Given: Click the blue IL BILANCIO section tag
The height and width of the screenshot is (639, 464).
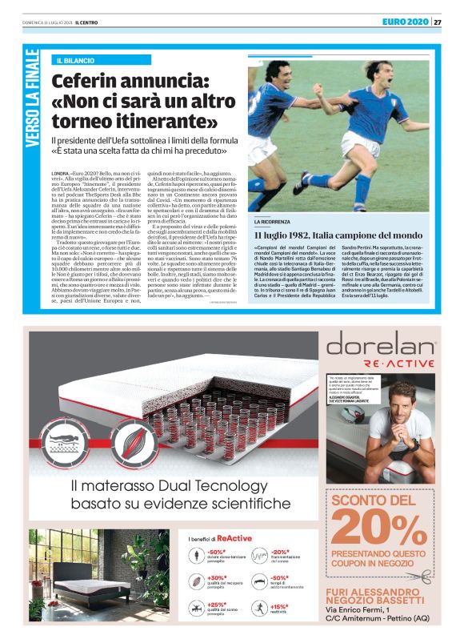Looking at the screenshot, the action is [77, 61].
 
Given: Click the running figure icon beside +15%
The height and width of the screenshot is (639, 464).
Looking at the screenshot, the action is [258, 609].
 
